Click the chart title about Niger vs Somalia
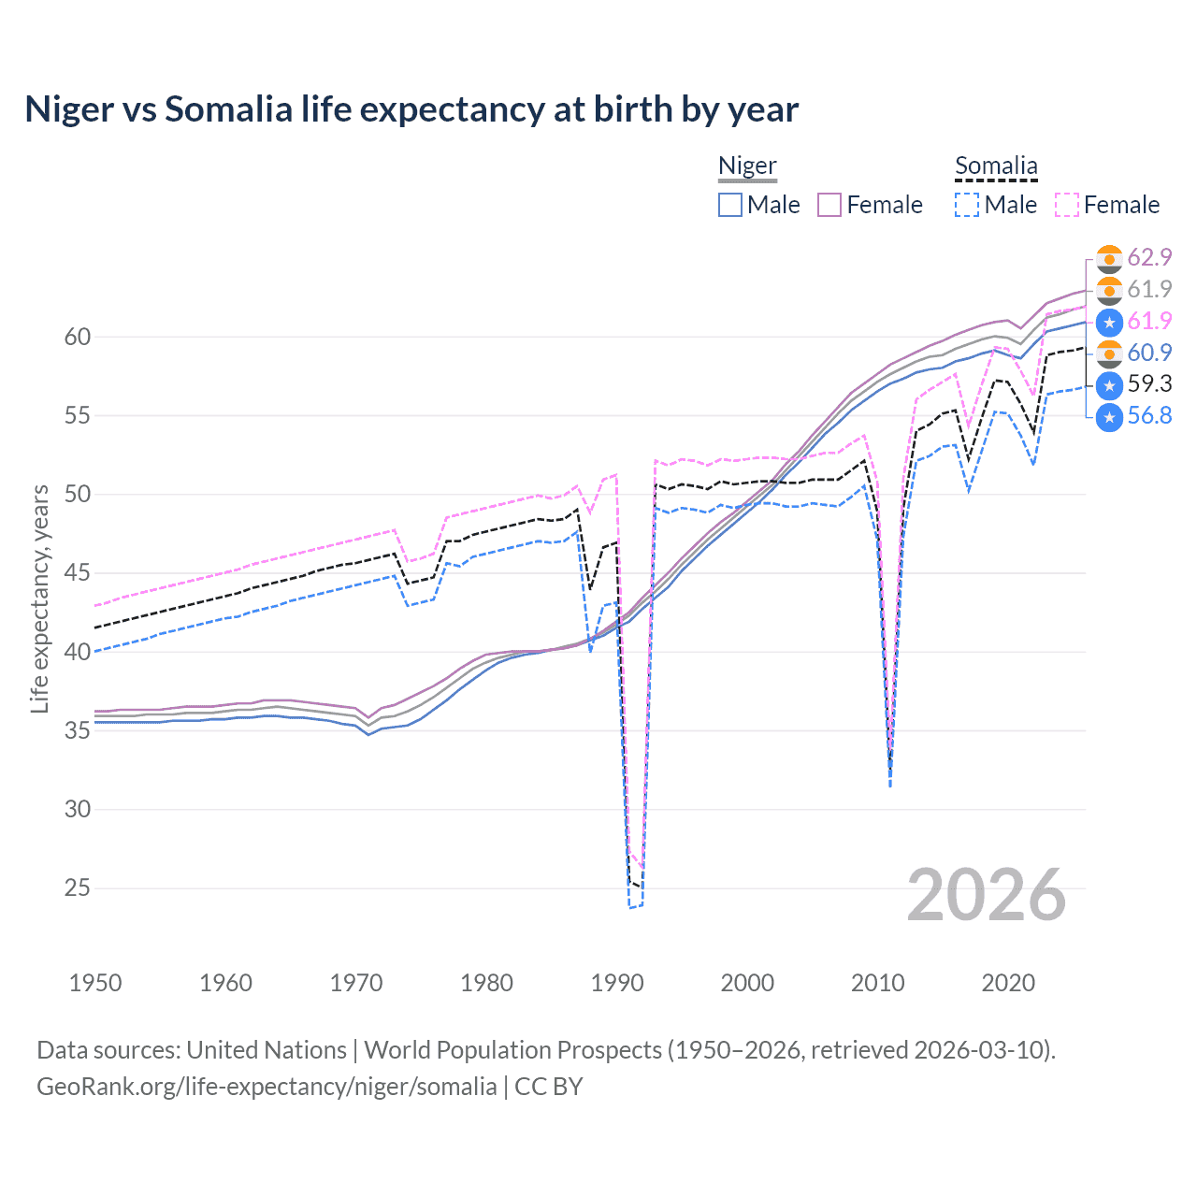point(411,109)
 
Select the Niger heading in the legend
point(747,166)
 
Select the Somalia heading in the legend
point(996,166)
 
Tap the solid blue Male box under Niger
point(730,205)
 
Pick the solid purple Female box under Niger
point(829,205)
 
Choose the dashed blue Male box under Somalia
point(967,205)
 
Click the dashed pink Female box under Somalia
point(1067,205)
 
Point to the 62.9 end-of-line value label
point(1149,257)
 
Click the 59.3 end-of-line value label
point(1149,384)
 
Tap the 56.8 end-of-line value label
point(1149,416)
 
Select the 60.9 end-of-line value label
point(1149,353)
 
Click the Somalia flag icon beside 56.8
point(1109,416)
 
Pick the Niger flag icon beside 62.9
point(1109,258)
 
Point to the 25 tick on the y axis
point(78,887)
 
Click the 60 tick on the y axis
point(78,337)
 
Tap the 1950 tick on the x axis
point(95,983)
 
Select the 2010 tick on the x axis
point(877,983)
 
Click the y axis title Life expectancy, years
point(39,598)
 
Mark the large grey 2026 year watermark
point(987,895)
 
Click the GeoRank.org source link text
point(267,1087)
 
